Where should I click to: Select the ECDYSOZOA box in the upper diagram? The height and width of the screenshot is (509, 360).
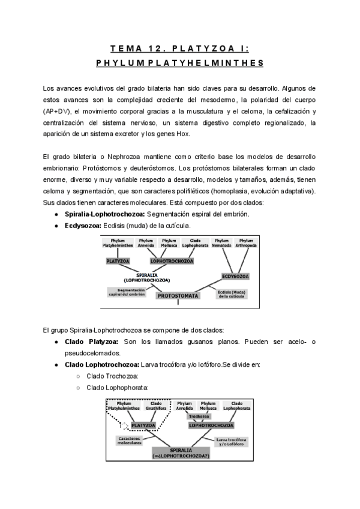click(236, 276)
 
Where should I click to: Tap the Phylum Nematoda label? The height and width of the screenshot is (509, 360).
click(222, 242)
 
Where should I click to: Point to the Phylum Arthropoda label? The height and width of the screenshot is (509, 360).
click(245, 242)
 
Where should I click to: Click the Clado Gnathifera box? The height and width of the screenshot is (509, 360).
click(156, 405)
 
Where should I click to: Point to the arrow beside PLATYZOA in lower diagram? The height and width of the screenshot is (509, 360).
click(125, 425)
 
